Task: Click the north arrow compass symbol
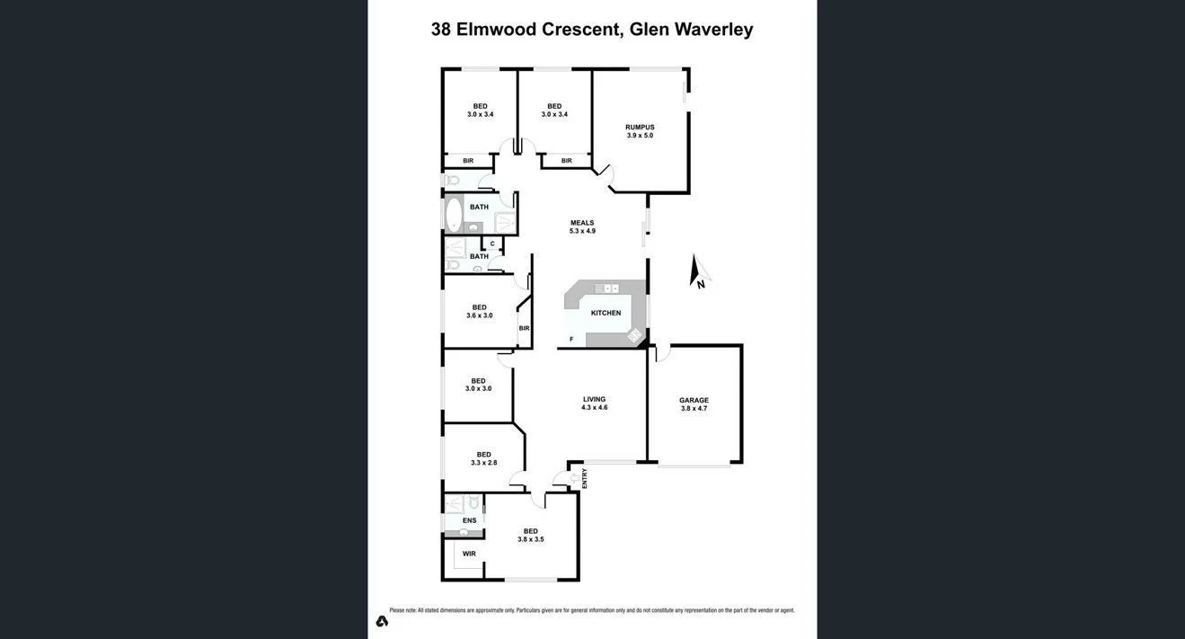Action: coord(698,272)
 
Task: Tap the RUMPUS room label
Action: coord(640,131)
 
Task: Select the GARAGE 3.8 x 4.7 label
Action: coord(694,404)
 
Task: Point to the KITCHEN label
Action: coord(606,313)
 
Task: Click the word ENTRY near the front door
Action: coord(585,477)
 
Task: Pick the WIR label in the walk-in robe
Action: coord(469,554)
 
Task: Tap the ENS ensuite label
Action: coord(469,520)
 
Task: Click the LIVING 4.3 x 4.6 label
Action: coord(594,404)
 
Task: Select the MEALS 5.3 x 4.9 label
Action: coord(582,227)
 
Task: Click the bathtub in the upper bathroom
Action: coord(454,214)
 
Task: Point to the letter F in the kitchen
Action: coord(570,339)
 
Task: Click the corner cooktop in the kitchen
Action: coord(634,336)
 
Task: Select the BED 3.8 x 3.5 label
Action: coord(530,535)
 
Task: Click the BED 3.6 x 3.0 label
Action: coord(479,311)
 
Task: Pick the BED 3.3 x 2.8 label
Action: coord(483,458)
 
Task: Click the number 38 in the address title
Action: coord(441,30)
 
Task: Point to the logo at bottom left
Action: coord(382,621)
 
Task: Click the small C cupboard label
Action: coord(492,244)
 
